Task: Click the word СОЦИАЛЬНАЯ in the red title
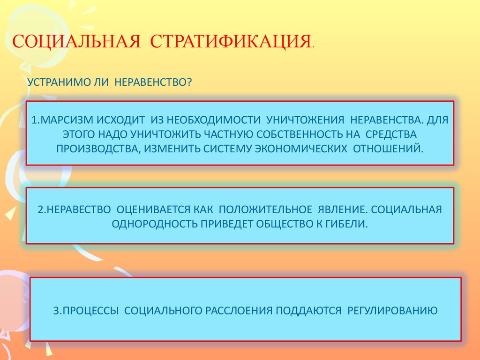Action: pyautogui.click(x=76, y=41)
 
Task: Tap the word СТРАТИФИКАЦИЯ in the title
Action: pyautogui.click(x=231, y=41)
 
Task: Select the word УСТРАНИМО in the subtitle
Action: pyautogui.click(x=59, y=82)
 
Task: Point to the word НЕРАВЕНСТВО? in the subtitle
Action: pyautogui.click(x=153, y=82)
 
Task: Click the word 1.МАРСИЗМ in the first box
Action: pyautogui.click(x=61, y=120)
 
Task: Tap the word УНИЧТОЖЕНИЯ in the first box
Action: pyautogui.click(x=305, y=120)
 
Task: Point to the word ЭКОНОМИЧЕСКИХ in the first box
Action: pyautogui.click(x=301, y=149)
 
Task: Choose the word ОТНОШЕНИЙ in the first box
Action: pyautogui.click(x=388, y=149)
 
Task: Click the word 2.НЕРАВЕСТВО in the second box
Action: pyautogui.click(x=74, y=210)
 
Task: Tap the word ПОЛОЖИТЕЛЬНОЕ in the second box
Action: pyautogui.click(x=265, y=210)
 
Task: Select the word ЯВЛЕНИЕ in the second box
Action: pyautogui.click(x=343, y=210)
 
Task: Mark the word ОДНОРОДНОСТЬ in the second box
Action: pyautogui.click(x=155, y=224)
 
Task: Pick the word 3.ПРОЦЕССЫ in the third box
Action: pyautogui.click(x=86, y=311)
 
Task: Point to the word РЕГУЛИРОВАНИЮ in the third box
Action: pyautogui.click(x=392, y=311)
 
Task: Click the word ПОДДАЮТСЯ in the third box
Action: pyautogui.click(x=308, y=311)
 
